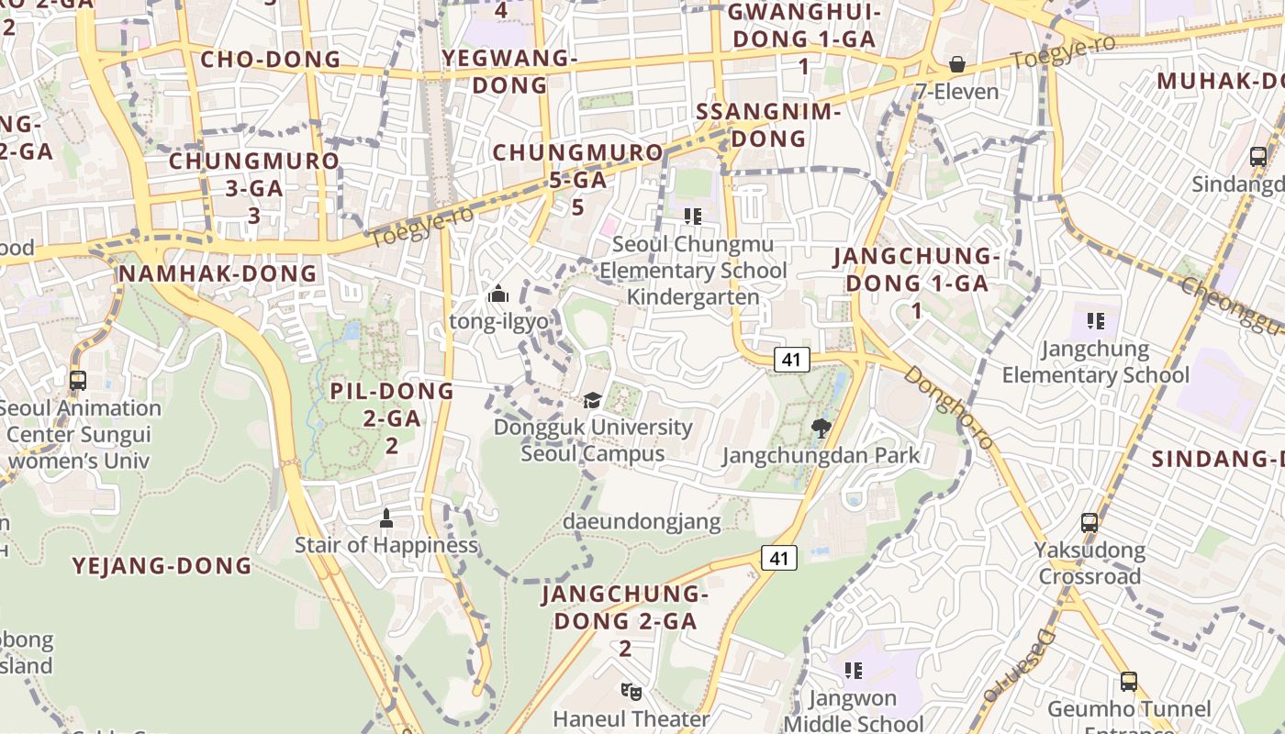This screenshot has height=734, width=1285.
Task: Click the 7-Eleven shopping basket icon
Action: click(x=957, y=64)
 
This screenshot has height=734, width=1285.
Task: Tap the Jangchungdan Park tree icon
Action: click(x=821, y=428)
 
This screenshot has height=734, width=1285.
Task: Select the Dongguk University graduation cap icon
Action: click(x=593, y=400)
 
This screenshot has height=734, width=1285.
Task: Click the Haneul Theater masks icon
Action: click(x=630, y=691)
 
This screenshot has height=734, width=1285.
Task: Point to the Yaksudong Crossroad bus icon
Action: click(x=1089, y=523)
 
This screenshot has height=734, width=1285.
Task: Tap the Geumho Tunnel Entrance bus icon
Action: click(x=1129, y=682)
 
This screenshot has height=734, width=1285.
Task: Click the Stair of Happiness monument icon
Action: click(x=386, y=518)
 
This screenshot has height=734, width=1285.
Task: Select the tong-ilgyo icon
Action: click(x=498, y=294)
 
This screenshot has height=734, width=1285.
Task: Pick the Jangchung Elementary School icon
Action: click(x=1095, y=321)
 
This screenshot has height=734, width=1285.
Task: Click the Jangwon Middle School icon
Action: click(x=854, y=671)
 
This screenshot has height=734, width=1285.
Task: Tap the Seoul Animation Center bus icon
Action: click(x=78, y=380)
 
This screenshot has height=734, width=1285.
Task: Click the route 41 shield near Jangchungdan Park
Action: click(x=791, y=360)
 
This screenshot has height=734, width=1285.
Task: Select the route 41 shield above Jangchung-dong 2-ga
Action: click(x=779, y=557)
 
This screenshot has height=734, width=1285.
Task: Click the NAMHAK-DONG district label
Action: click(x=218, y=273)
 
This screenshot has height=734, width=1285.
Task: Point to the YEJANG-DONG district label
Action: click(x=162, y=565)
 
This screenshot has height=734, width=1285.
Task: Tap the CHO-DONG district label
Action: click(x=270, y=60)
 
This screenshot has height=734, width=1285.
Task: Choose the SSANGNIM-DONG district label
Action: click(x=769, y=125)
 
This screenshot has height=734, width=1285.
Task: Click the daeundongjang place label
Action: click(x=642, y=521)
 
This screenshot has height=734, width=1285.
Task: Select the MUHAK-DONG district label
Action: click(x=1219, y=81)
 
